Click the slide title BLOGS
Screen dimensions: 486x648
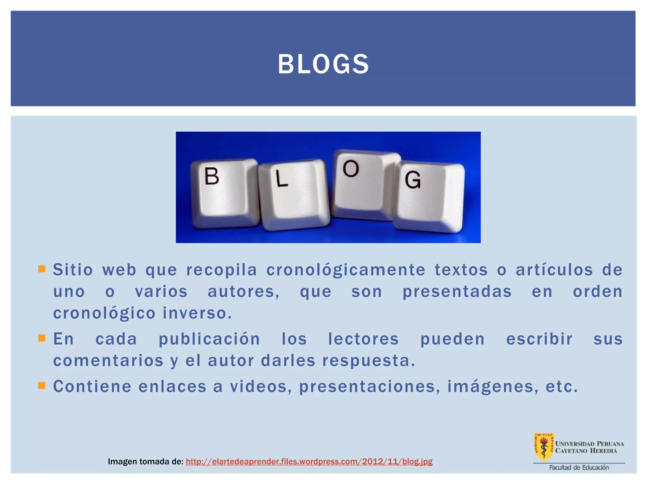coord(323,64)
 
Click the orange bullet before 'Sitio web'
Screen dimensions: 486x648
coord(41,269)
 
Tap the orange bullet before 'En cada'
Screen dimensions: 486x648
coord(41,338)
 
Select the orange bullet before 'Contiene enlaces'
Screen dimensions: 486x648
coord(41,385)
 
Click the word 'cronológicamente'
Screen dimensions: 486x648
coord(346,270)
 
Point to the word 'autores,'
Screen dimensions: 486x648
coord(244,291)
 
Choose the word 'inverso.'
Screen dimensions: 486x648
coord(197,313)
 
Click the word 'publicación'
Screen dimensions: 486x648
coord(209,339)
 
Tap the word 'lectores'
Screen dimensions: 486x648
coord(363,339)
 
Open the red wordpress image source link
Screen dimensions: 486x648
coord(309,461)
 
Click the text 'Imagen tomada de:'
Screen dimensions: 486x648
coord(146,462)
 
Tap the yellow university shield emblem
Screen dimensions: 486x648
coord(544,446)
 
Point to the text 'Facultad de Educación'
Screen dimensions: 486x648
coord(579,467)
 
